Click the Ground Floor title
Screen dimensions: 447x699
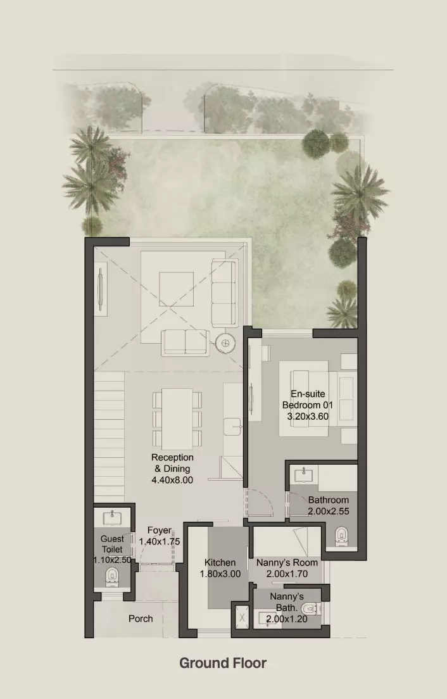(x=223, y=663)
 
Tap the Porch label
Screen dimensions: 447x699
(x=141, y=619)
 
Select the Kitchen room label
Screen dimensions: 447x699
(x=220, y=563)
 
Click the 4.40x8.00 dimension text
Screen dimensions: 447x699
(x=172, y=480)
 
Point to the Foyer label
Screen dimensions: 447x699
(x=160, y=531)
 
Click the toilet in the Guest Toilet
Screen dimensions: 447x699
(x=112, y=577)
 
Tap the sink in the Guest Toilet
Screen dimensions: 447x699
(x=112, y=519)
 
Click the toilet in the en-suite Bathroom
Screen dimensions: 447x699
(x=341, y=536)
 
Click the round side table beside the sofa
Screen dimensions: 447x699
(x=225, y=343)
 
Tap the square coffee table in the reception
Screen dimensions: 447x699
(x=177, y=289)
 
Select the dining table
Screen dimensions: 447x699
(x=177, y=419)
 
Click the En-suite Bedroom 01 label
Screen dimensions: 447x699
(x=308, y=400)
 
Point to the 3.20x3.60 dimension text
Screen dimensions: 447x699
(x=308, y=417)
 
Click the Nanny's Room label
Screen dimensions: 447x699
(x=287, y=563)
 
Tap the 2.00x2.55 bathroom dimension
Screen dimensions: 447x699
(x=329, y=512)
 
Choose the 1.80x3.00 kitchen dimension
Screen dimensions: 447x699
(x=220, y=574)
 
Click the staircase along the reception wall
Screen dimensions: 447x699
(x=109, y=436)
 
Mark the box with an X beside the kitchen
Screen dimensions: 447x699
(x=242, y=617)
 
